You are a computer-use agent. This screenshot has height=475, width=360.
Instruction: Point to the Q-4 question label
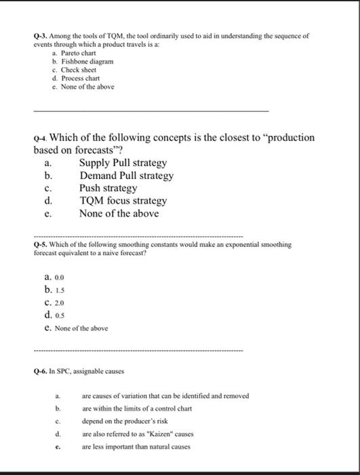pyautogui.click(x=41, y=138)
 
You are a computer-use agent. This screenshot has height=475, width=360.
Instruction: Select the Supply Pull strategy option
pyautogui.click(x=123, y=163)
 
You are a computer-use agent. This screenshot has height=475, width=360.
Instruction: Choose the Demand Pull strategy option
pyautogui.click(x=126, y=176)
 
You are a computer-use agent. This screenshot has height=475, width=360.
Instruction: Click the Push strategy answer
pyautogui.click(x=108, y=188)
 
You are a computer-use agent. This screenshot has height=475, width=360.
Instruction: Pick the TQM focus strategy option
pyautogui.click(x=123, y=201)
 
